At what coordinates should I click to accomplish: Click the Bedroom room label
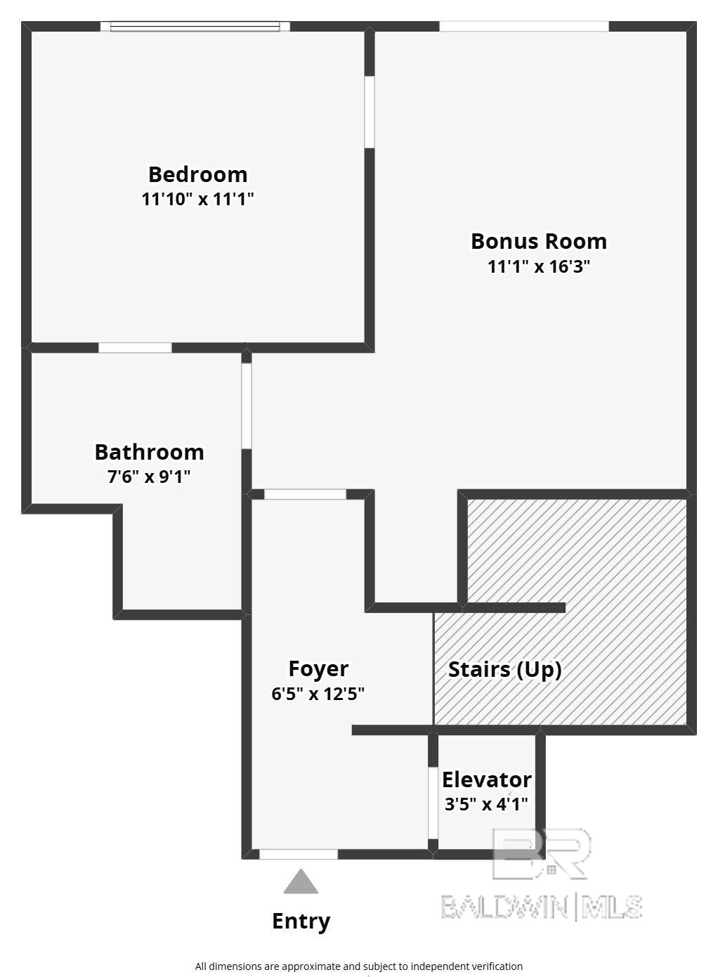(x=198, y=175)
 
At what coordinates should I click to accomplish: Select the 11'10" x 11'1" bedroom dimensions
(x=197, y=200)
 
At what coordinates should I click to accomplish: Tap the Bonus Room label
(x=539, y=241)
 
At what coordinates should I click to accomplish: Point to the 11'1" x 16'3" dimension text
(x=539, y=266)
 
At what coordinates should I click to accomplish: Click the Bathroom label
(x=150, y=452)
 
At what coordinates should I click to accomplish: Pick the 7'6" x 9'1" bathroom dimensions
(x=149, y=477)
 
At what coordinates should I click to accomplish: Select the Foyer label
(x=318, y=669)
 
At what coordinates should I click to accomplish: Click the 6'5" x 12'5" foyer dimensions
(x=318, y=693)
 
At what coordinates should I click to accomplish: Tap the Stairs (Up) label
(x=505, y=670)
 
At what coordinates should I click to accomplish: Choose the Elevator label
(x=487, y=780)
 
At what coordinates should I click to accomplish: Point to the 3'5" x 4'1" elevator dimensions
(x=486, y=804)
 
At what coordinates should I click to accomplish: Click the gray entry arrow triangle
(x=301, y=881)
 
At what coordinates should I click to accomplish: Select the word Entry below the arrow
(x=301, y=921)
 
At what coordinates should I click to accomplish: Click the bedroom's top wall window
(x=195, y=27)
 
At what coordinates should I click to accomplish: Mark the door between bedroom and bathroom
(x=135, y=348)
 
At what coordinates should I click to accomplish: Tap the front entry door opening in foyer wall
(x=299, y=855)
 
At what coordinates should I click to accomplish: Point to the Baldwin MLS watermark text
(x=542, y=907)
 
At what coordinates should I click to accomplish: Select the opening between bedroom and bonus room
(x=370, y=112)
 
